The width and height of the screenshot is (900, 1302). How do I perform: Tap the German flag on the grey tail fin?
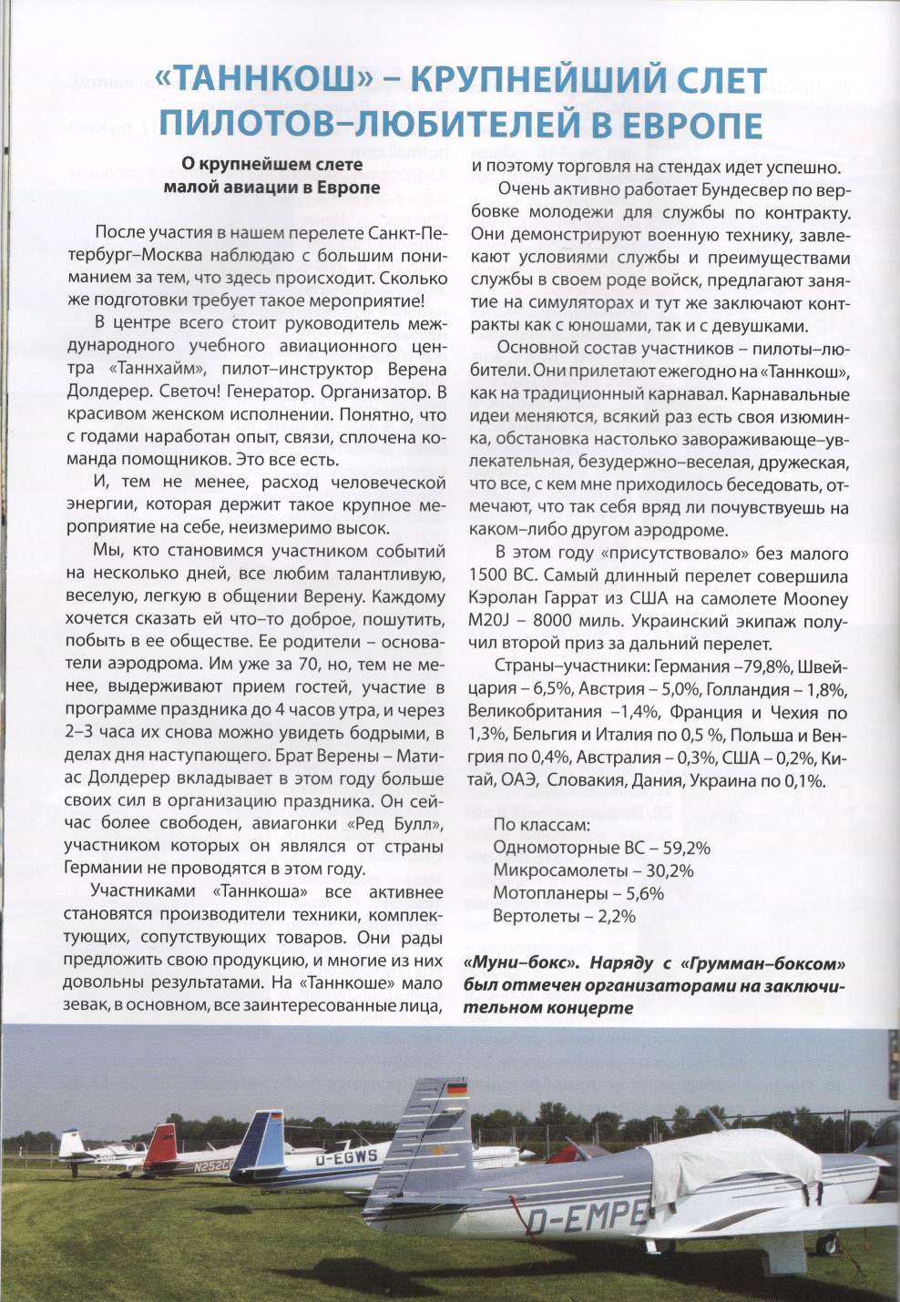[456, 1089]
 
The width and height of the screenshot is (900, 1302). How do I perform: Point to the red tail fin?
[161, 1145]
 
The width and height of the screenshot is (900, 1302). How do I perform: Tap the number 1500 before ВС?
[489, 576]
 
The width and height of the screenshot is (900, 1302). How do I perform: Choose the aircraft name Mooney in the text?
[816, 599]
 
